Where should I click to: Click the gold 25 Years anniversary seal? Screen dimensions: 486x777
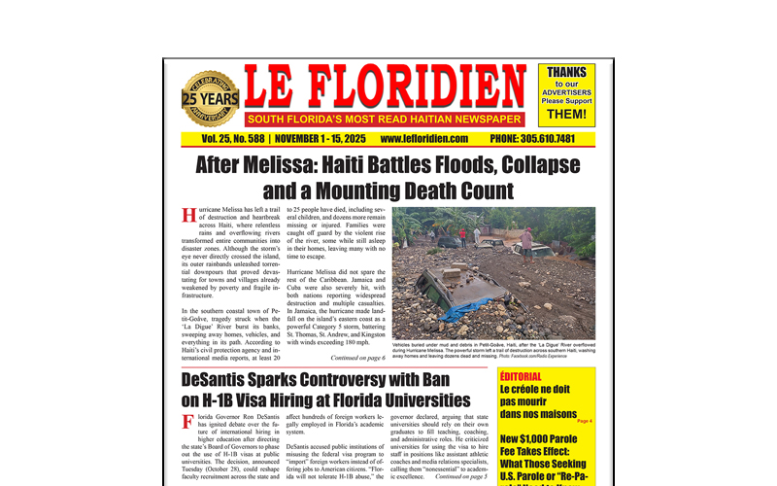point(210,99)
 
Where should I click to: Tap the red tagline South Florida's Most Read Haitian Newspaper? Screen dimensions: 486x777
point(385,120)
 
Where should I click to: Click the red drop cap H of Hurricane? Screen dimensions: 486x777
point(188,215)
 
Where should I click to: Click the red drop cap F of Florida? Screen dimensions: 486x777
point(187,423)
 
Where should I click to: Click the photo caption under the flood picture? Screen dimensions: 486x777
point(493,351)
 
